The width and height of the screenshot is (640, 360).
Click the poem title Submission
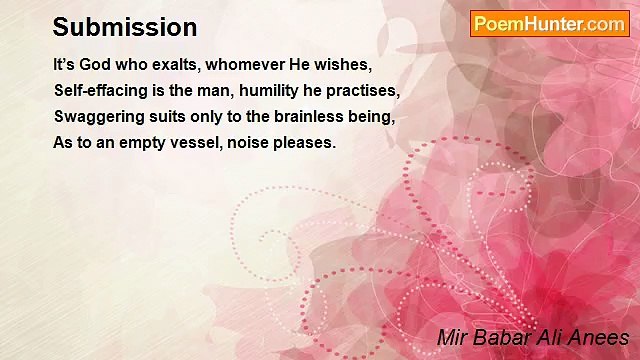(x=124, y=27)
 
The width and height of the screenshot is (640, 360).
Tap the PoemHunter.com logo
(x=549, y=24)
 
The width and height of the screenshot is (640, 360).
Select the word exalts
(x=174, y=65)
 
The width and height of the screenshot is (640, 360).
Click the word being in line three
(x=372, y=117)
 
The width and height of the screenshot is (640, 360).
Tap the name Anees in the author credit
(x=599, y=338)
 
